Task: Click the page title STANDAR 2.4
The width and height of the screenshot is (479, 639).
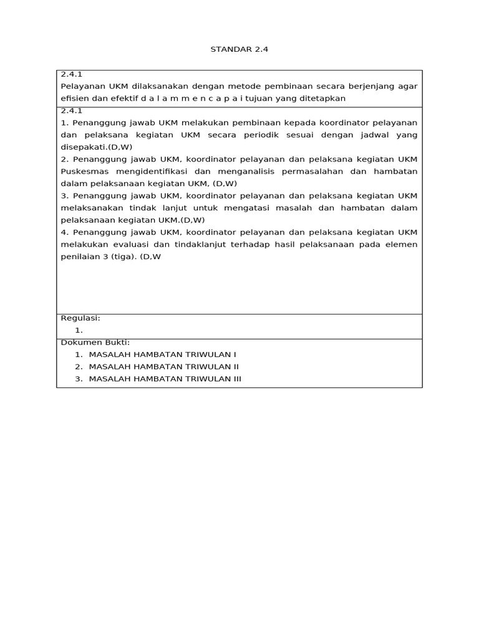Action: click(x=239, y=49)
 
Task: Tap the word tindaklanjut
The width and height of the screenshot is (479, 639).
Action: click(x=198, y=245)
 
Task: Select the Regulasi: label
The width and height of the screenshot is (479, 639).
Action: click(x=80, y=318)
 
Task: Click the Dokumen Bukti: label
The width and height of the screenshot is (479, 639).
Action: click(x=95, y=343)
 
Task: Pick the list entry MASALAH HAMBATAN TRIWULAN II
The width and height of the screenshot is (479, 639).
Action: click(x=164, y=367)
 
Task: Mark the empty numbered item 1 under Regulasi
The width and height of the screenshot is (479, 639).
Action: click(x=79, y=330)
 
